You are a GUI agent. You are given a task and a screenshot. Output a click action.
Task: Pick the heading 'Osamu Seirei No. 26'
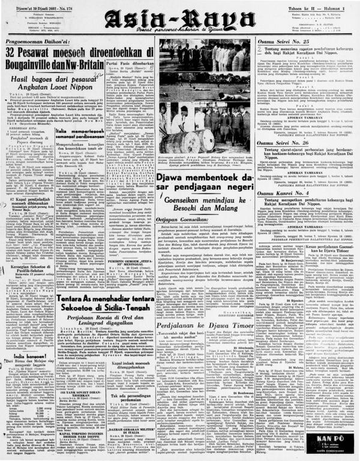click(283, 143)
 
